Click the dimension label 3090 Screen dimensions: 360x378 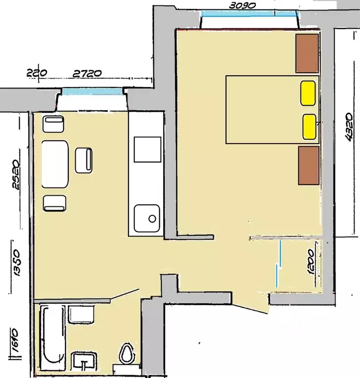point(242,5)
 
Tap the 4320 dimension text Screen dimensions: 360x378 point(349,127)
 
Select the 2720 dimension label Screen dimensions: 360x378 point(87,73)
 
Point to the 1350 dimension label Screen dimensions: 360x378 point(17,263)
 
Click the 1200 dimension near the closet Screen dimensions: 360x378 point(311,262)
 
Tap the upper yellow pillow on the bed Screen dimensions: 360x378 point(308,94)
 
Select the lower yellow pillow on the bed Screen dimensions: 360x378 point(309,127)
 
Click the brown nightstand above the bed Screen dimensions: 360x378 point(307,53)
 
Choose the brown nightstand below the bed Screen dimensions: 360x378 point(309,165)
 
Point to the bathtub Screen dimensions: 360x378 point(53,338)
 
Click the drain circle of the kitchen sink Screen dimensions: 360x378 point(152,219)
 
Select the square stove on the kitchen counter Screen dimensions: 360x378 point(148,150)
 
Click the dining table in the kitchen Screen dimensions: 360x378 point(55,164)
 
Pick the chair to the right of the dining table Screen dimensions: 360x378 point(84,160)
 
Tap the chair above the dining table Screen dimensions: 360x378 point(53,124)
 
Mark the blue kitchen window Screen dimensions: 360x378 point(92,91)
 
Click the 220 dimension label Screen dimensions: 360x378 point(36,73)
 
